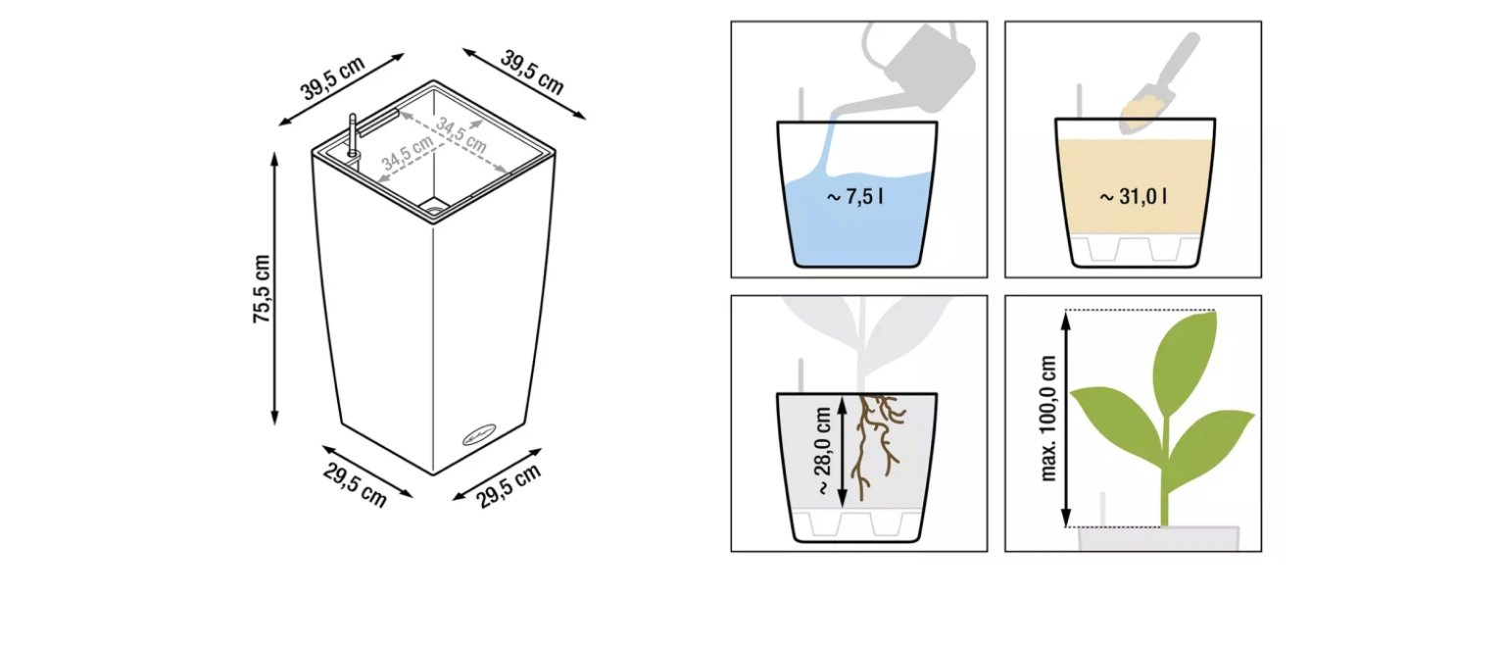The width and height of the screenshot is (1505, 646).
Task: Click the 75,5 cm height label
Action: (x=262, y=288)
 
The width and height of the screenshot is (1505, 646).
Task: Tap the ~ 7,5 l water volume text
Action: (x=854, y=196)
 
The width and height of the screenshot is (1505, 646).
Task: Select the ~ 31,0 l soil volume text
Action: (x=1133, y=196)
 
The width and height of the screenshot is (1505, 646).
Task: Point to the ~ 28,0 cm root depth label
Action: (x=824, y=451)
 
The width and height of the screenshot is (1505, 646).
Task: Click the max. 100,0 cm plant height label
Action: (x=1048, y=419)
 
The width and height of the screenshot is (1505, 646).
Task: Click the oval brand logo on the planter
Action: (x=478, y=435)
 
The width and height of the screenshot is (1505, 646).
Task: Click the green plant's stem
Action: (x=1165, y=471)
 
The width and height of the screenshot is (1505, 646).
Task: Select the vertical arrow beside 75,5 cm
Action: (x=274, y=288)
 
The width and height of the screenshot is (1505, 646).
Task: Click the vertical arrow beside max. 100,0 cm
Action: (x=1066, y=419)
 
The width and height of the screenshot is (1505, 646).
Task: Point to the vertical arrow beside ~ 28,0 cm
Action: (x=843, y=451)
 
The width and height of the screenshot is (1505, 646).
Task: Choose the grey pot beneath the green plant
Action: (x=1158, y=538)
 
